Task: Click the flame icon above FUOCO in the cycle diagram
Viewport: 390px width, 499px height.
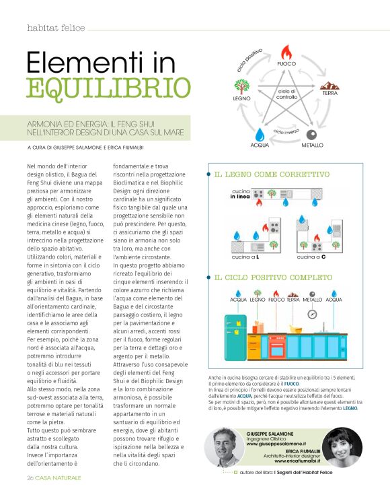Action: point(286,51)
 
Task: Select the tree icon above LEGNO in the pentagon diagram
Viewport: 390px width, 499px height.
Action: point(243,87)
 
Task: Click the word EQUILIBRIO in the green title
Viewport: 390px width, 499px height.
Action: point(108,88)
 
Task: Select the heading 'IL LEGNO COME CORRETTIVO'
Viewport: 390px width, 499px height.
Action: point(272,174)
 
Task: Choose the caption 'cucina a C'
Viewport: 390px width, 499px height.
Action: point(311,257)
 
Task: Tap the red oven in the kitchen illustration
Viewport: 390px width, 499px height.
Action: point(276,345)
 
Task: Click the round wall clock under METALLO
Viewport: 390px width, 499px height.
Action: point(312,314)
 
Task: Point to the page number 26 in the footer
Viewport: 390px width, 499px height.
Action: point(31,477)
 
